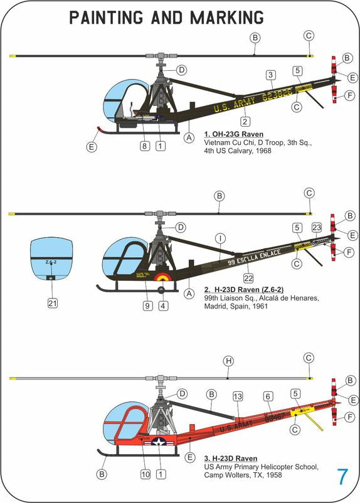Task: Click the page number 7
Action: click(x=342, y=477)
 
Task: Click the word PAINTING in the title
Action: click(x=106, y=18)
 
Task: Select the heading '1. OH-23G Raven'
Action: click(x=234, y=134)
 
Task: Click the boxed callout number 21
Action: click(x=53, y=304)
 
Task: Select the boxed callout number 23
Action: click(x=317, y=227)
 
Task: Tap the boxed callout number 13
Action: click(x=238, y=396)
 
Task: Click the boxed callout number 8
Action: click(x=144, y=146)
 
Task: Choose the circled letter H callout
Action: click(x=228, y=361)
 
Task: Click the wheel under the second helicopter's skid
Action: click(x=162, y=290)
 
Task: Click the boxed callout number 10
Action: click(x=146, y=475)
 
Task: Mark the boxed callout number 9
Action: click(x=146, y=306)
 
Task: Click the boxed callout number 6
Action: click(x=268, y=396)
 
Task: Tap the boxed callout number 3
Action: click(x=270, y=75)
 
